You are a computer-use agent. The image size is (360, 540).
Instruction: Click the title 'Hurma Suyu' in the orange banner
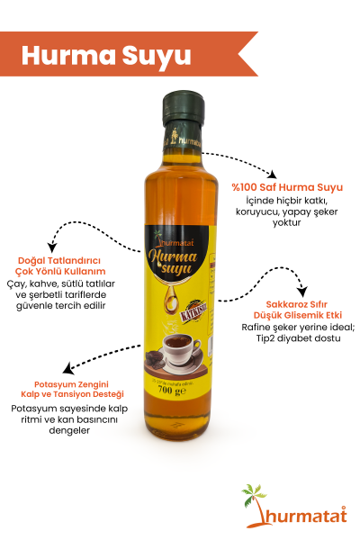[107, 54]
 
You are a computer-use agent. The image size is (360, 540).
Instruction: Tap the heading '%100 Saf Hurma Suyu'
[274, 187]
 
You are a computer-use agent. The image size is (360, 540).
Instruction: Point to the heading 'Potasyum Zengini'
[68, 382]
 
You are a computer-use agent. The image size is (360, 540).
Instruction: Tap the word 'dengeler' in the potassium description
[68, 431]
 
